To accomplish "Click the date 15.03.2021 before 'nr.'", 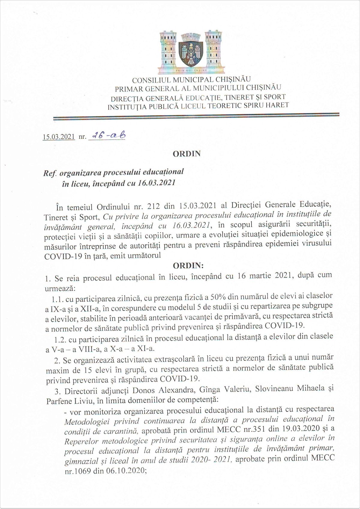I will click(59, 137).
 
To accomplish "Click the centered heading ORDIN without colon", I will click(186, 154).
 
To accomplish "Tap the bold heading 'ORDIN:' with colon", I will click(188, 265).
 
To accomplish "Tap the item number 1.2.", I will click(60, 340).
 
